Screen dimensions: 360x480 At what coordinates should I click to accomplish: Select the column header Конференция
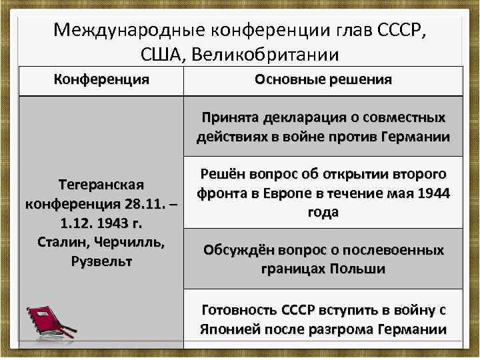(101, 79)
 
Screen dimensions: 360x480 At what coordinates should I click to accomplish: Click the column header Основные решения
(323, 79)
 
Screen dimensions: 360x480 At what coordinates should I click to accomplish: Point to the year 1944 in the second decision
(434, 193)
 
